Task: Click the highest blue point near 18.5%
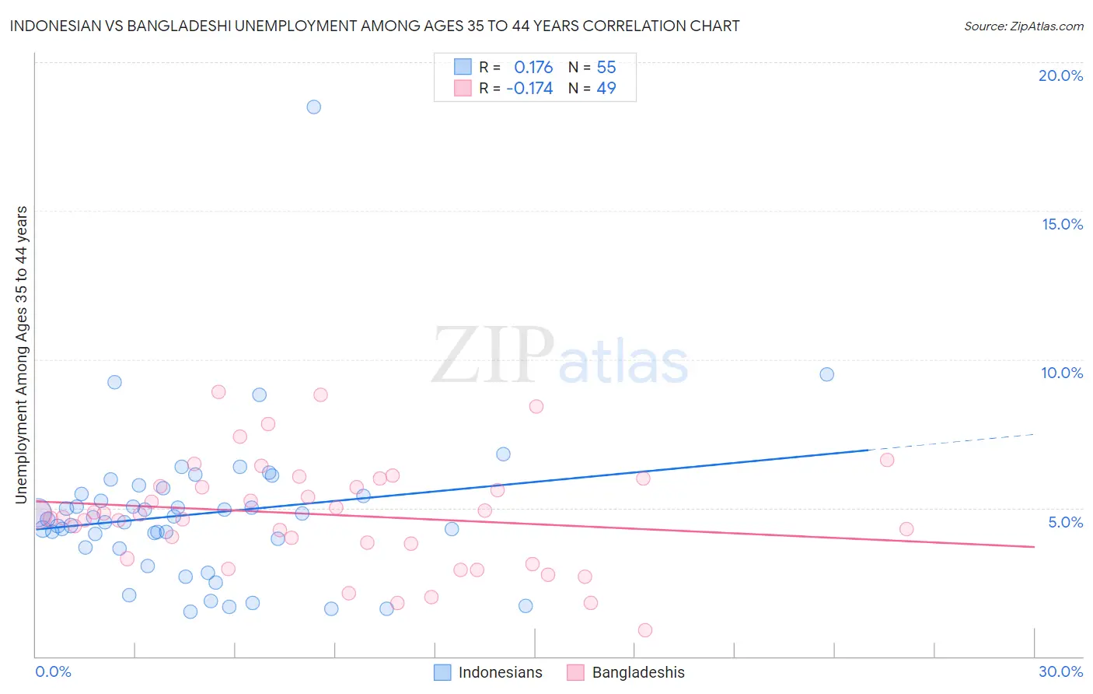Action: point(313,107)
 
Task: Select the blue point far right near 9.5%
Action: point(826,374)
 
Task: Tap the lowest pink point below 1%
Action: point(644,630)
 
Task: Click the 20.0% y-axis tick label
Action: point(1060,75)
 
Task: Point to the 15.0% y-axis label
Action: point(1062,224)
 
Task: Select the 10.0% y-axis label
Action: point(1062,373)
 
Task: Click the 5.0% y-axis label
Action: point(1065,522)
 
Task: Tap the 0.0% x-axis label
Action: point(53,671)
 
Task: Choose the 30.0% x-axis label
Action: point(1060,671)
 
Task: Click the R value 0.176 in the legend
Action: point(533,68)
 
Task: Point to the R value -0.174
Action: point(529,89)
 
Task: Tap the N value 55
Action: point(606,68)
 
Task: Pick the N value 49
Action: point(606,89)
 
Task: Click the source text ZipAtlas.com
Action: point(1024,26)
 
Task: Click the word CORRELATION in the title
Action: point(601,26)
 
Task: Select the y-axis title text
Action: point(22,354)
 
